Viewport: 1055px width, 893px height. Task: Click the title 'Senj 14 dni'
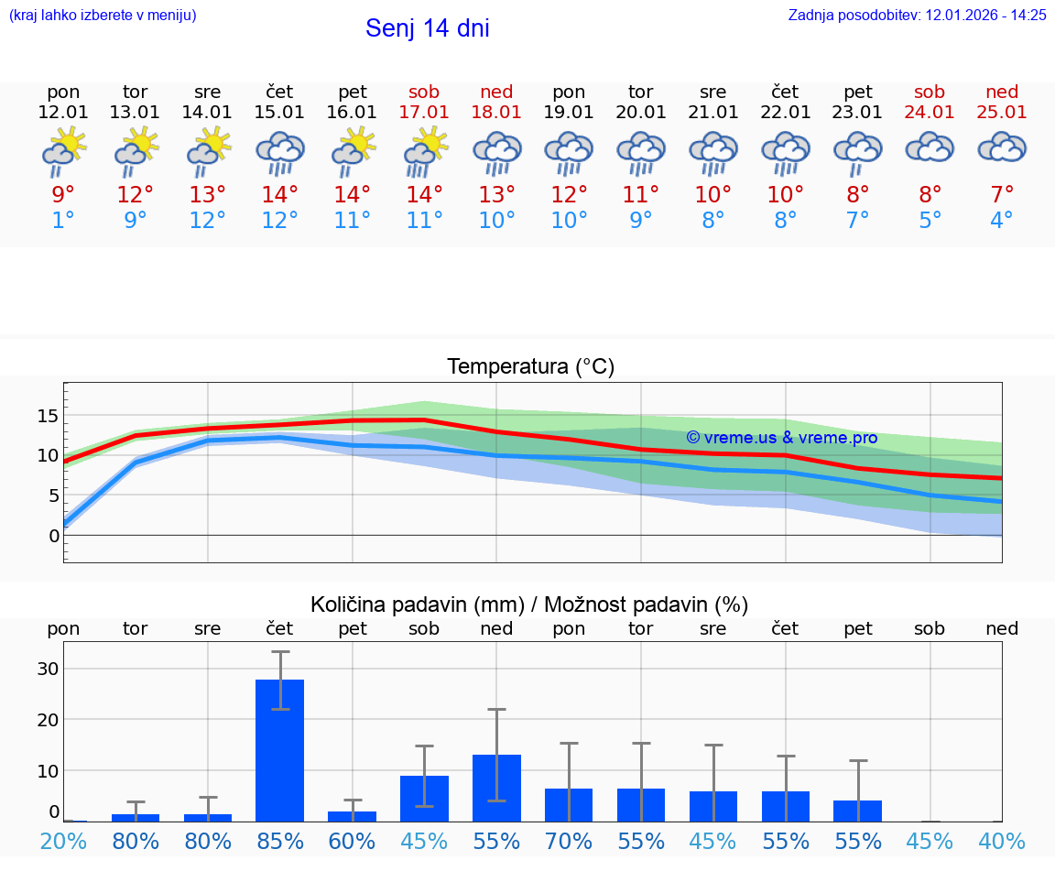point(427,28)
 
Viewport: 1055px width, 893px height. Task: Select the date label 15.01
point(279,112)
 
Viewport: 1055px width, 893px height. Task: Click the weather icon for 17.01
point(425,152)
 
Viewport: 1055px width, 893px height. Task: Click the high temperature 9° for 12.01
point(63,194)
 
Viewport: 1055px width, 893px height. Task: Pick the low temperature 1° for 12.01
point(63,221)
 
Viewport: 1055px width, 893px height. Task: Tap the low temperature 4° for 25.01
point(1002,221)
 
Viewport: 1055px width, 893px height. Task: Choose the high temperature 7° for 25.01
point(1002,194)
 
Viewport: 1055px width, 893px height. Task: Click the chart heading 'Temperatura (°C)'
point(530,367)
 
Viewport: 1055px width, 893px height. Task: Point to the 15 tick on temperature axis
point(48,416)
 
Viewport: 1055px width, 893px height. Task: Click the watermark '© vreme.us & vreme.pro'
point(781,438)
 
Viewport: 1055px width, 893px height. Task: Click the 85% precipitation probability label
point(279,841)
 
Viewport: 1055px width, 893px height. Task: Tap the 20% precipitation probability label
point(63,841)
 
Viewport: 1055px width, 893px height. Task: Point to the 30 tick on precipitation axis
point(48,669)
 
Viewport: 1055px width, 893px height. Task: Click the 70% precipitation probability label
point(569,841)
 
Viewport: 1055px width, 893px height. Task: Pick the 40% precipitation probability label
point(1002,841)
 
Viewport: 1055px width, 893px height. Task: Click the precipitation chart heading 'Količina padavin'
point(529,604)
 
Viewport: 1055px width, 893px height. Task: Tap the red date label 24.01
point(930,112)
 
